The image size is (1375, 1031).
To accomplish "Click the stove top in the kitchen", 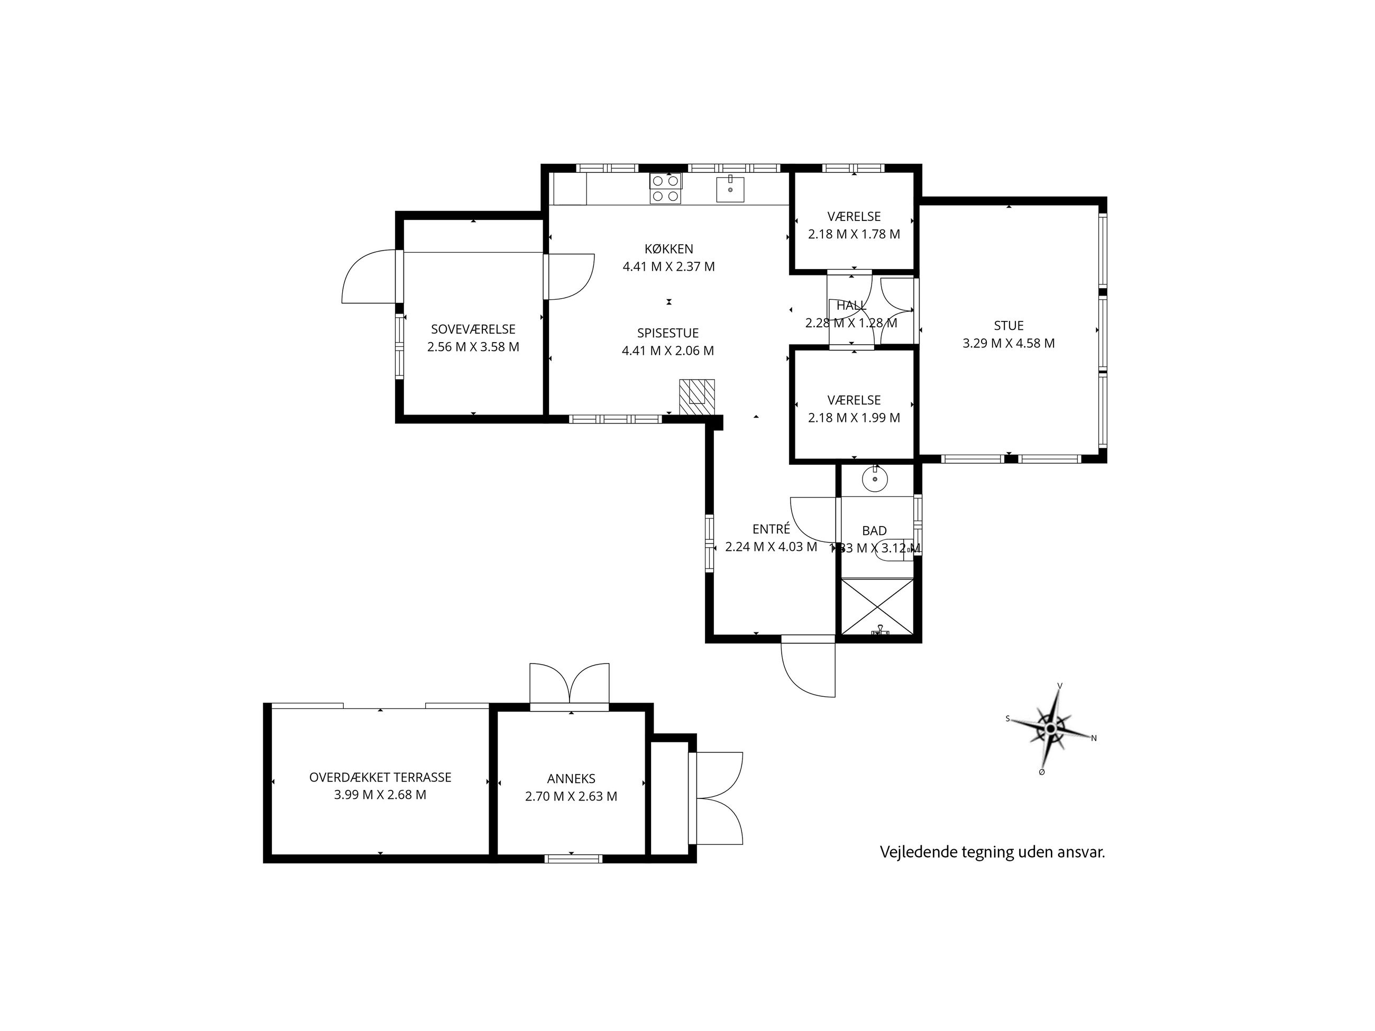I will coord(666,188).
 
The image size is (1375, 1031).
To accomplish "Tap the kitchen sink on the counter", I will coord(730,188).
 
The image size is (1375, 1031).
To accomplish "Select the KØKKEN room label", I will coord(669,249).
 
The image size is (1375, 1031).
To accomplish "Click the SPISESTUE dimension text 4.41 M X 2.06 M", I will coord(668,351).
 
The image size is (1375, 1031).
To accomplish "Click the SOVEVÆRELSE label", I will coord(473,329).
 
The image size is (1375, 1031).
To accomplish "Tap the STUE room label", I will coord(1009,326).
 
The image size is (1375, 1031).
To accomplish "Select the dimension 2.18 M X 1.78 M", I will coord(854,234).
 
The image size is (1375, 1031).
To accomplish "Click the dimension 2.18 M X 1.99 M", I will coord(854,418).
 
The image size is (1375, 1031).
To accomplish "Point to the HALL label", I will coord(851,306).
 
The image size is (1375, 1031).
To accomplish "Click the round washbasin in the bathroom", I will coord(875,479).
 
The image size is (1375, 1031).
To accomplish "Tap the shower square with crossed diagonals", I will coord(877,606).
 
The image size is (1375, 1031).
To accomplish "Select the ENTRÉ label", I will coord(771,529).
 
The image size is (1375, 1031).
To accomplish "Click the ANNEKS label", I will coord(571,779).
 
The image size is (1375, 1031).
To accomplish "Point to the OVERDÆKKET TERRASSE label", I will coord(380,777).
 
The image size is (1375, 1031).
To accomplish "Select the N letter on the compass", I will coord(1094,738).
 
